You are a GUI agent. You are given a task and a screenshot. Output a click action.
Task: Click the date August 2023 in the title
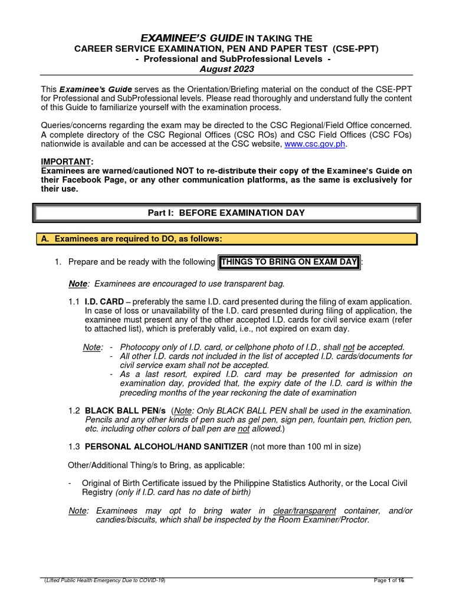click(x=226, y=69)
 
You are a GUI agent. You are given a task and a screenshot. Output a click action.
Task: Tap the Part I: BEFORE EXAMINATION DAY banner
click(x=226, y=213)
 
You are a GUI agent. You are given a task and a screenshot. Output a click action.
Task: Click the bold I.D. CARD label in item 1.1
click(x=104, y=301)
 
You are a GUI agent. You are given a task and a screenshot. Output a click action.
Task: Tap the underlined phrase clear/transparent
click(x=304, y=510)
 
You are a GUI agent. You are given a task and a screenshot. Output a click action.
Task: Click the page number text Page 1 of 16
click(x=389, y=581)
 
